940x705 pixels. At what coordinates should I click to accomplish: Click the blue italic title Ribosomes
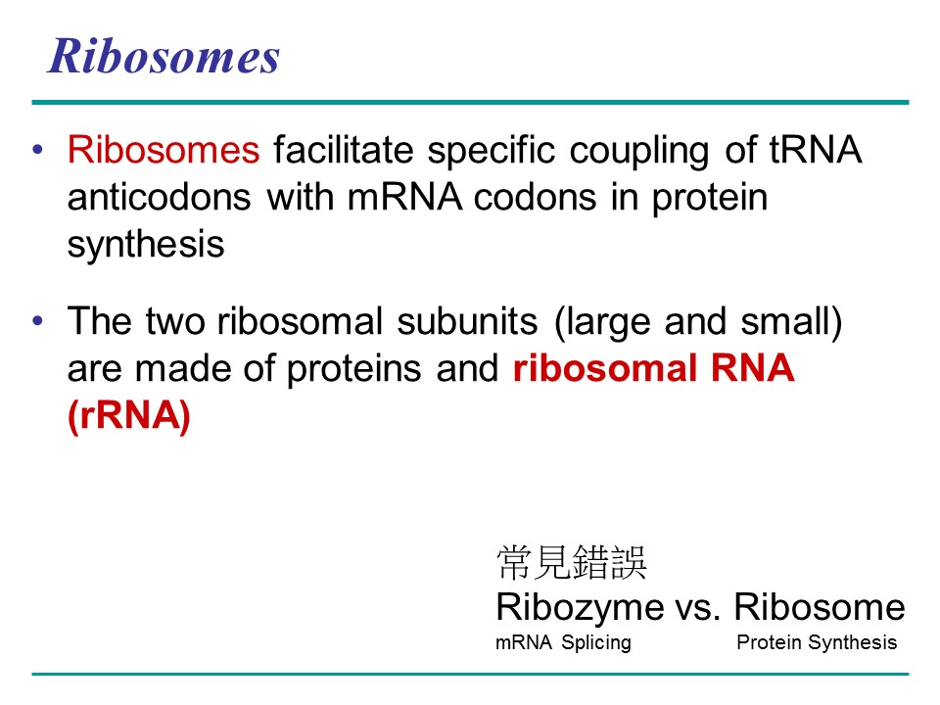click(164, 56)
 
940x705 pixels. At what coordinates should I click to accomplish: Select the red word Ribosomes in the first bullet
click(164, 149)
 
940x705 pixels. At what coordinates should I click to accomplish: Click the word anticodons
click(159, 197)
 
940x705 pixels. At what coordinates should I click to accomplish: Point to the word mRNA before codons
click(404, 197)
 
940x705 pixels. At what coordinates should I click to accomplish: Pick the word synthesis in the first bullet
click(146, 245)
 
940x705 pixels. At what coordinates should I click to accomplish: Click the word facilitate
click(344, 149)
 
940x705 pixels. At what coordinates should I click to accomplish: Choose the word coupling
click(639, 151)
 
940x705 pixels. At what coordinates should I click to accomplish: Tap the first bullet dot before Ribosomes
click(38, 149)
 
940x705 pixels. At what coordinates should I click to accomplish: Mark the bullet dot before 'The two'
click(38, 321)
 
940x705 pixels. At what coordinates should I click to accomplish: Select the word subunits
click(468, 321)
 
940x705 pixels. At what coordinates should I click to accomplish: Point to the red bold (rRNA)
click(129, 415)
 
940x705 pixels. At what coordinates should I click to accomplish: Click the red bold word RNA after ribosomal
click(752, 368)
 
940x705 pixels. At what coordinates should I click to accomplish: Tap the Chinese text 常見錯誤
click(571, 562)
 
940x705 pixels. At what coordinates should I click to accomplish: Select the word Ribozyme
click(580, 608)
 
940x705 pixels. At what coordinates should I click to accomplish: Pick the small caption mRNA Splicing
click(564, 642)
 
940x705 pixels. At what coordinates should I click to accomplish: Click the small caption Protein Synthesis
click(817, 642)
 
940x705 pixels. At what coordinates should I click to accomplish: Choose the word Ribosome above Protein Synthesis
click(820, 607)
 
